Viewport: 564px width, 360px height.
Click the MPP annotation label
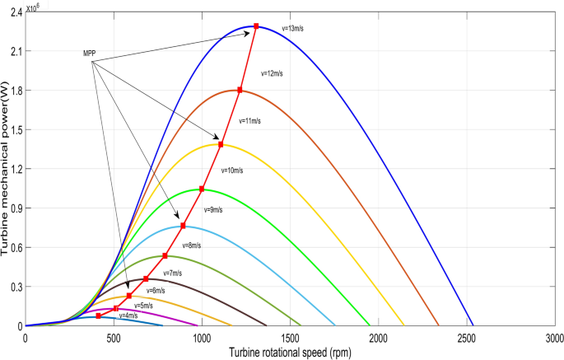pyautogui.click(x=90, y=54)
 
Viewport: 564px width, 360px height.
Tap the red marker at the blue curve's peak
pyautogui.click(x=256, y=26)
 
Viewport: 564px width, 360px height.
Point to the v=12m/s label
pyautogui.click(x=271, y=73)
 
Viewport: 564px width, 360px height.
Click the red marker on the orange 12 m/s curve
pyautogui.click(x=240, y=90)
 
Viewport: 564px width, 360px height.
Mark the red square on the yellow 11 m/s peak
pyautogui.click(x=221, y=145)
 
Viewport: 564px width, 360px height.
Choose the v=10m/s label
pyautogui.click(x=232, y=170)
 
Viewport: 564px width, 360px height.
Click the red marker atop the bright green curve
pyautogui.click(x=202, y=189)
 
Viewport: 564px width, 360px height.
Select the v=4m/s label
pyautogui.click(x=128, y=316)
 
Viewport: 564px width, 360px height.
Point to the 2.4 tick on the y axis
pyautogui.click(x=14, y=12)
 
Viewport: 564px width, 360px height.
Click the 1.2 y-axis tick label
pyautogui.click(x=14, y=169)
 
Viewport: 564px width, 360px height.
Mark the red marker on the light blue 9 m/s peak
pyautogui.click(x=183, y=226)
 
